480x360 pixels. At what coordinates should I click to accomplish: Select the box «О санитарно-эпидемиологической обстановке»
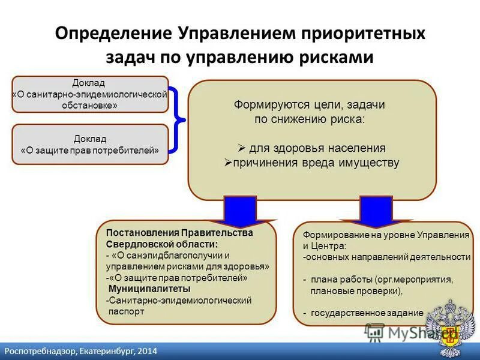pos(90,94)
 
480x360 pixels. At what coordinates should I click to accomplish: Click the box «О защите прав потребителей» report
pos(90,145)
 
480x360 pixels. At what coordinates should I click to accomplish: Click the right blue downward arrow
pos(375,210)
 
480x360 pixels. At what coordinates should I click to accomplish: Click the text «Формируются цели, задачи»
pos(309,104)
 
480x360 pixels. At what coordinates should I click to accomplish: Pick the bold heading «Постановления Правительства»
pos(179,233)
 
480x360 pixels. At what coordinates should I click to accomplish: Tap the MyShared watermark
pos(408,332)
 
